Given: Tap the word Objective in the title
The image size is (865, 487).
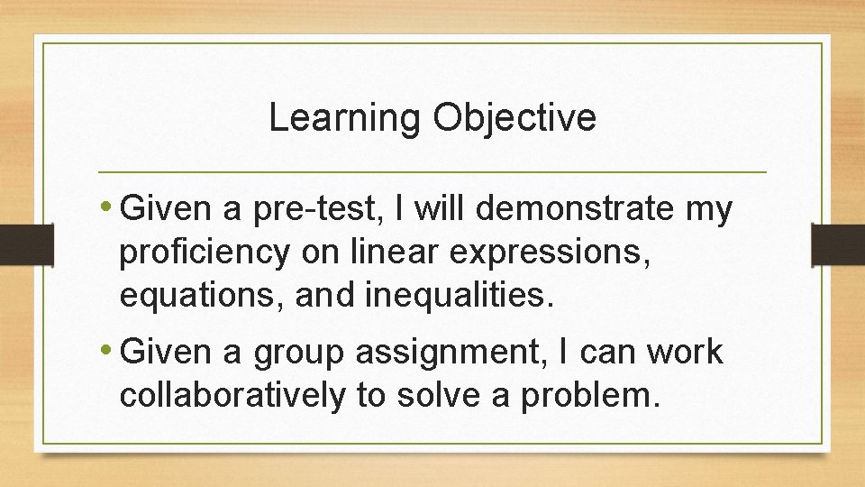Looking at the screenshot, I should click(514, 118).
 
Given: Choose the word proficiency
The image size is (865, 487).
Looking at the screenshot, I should click(204, 253).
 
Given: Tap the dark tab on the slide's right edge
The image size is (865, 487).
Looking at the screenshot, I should click(838, 243).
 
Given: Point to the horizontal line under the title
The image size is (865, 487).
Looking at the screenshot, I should click(432, 171).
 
